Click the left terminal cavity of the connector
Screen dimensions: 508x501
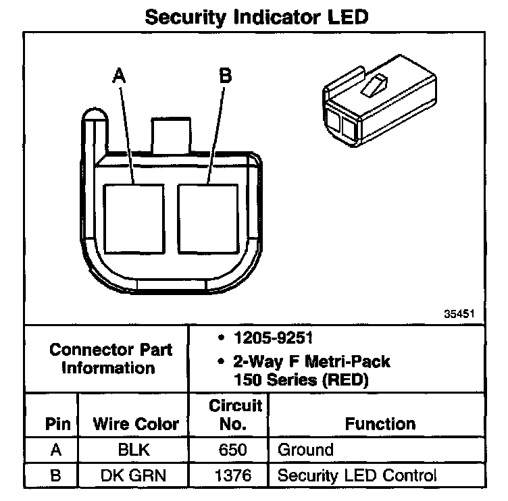coord(134,217)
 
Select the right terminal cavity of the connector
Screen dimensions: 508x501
coord(207,217)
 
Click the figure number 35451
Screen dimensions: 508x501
coord(460,313)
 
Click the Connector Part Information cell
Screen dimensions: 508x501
coord(111,359)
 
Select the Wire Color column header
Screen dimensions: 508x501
coord(135,424)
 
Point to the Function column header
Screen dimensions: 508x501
coord(380,424)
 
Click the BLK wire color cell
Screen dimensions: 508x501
coord(135,450)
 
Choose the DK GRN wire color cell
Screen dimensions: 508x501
coord(135,475)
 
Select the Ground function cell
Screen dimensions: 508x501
coord(306,450)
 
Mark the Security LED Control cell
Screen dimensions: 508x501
coord(357,475)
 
